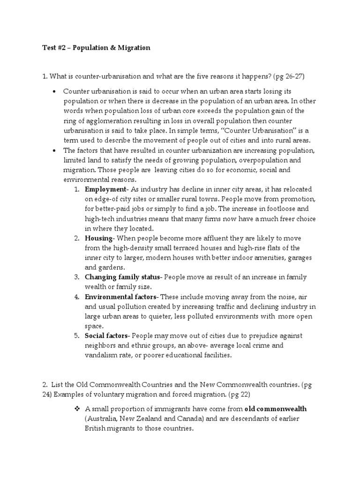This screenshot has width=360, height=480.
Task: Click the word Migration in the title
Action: (x=134, y=48)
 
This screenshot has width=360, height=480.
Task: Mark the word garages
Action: (x=299, y=257)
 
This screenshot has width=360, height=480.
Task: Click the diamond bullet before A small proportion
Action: (x=75, y=409)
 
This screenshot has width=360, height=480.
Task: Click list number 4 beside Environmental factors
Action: (x=76, y=297)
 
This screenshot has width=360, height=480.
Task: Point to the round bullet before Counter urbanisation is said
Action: (x=55, y=90)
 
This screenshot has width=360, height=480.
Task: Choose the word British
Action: (x=97, y=428)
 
